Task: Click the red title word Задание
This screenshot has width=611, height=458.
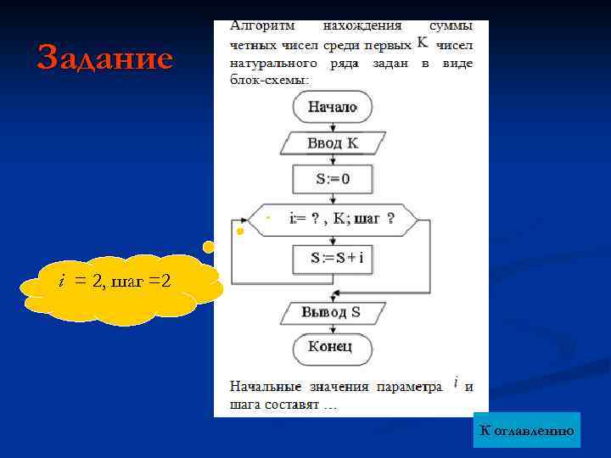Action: tap(104, 59)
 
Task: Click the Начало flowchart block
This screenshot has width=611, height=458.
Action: tap(333, 107)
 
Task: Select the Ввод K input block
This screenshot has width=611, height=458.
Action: tap(333, 142)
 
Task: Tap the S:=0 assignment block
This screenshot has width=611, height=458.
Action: tap(333, 178)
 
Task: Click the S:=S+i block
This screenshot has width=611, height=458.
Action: tap(333, 258)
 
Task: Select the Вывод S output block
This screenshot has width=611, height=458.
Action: tap(333, 312)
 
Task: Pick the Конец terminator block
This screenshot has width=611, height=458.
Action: tap(333, 347)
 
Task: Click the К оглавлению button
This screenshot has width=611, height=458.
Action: tap(526, 431)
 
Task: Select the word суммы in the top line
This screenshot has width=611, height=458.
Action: tap(451, 26)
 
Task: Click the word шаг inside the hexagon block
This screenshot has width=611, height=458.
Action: tap(367, 219)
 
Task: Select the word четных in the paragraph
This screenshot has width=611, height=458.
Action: tap(254, 45)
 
